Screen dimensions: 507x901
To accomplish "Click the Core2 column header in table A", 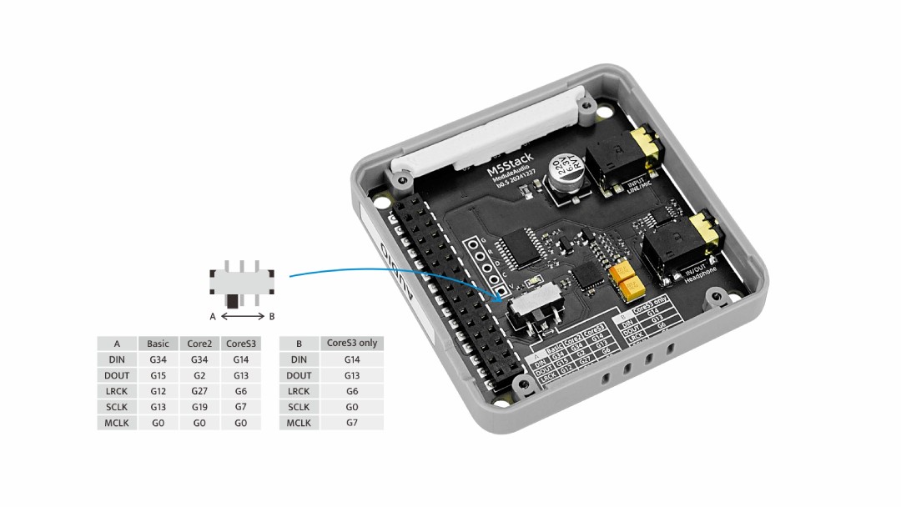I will pos(199,344).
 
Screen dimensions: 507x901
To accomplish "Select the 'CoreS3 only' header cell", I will pos(351,343).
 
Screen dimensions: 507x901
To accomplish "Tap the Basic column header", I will pos(158,344).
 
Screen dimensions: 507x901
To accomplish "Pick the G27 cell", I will pos(199,391).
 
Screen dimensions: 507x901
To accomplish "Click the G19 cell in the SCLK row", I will pos(199,407).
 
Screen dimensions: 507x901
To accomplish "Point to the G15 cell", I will pos(158,375).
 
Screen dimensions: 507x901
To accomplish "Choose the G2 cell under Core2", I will pos(199,375).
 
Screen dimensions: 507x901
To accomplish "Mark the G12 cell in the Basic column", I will pos(158,391).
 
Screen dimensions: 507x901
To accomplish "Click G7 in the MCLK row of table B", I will pos(351,423).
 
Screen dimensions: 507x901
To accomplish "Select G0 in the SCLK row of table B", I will pos(351,407).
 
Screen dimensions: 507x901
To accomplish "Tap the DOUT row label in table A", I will pos(117,375).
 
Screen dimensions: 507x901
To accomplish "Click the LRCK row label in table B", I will pos(299,391).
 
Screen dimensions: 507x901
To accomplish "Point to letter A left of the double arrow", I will pos(213,317).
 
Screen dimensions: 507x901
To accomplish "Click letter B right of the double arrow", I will pos(272,317).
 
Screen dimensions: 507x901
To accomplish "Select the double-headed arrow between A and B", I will pos(243,317).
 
